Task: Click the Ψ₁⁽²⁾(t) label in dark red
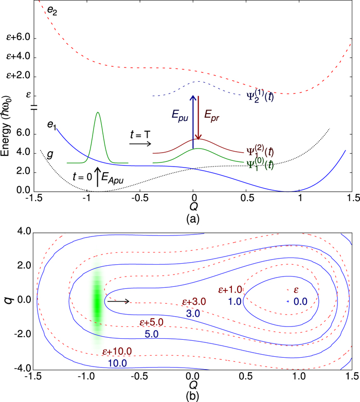click(263, 151)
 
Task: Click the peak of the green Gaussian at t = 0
click(97, 113)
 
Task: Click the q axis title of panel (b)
click(9, 300)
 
